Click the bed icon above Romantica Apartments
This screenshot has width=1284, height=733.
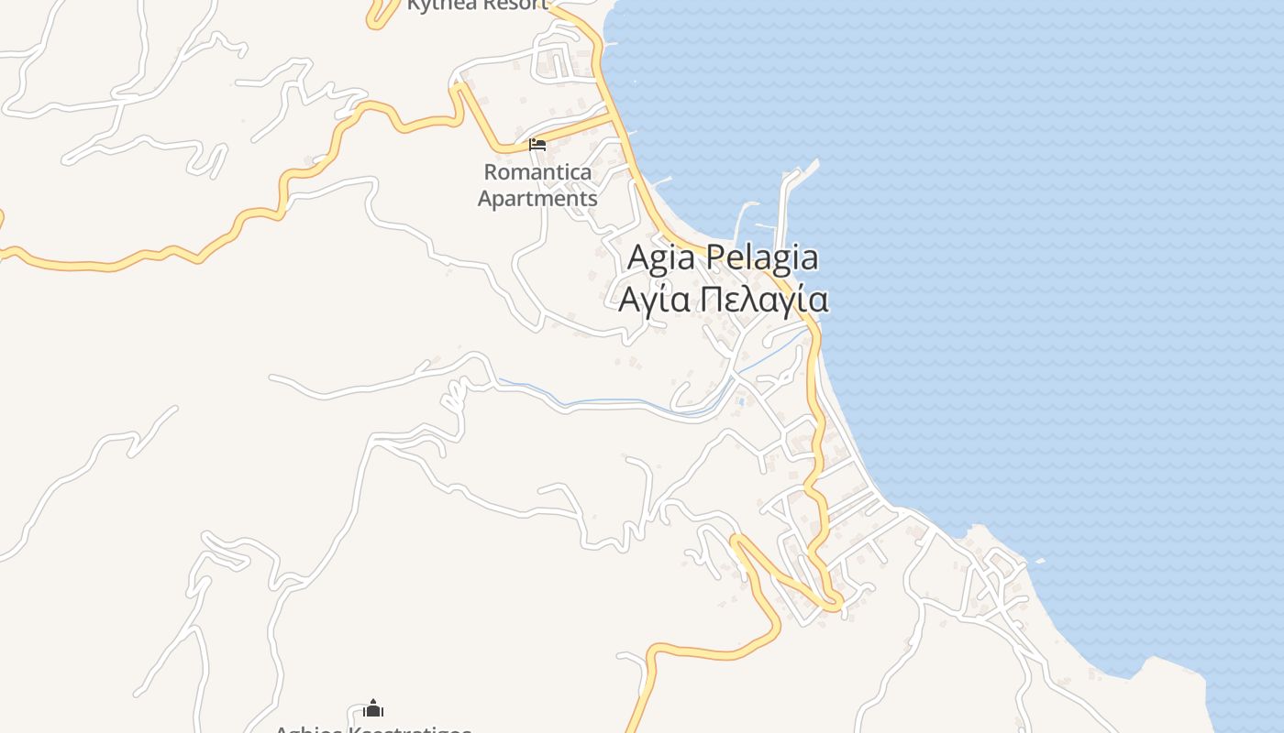click(537, 145)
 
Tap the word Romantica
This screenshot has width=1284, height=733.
click(537, 172)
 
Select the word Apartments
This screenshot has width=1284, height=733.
click(537, 198)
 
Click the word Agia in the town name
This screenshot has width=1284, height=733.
click(661, 258)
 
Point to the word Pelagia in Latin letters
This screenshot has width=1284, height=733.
click(762, 258)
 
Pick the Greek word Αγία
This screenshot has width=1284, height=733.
click(654, 300)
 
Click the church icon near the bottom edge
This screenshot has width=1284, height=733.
click(373, 708)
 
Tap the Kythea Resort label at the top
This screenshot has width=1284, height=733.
click(477, 5)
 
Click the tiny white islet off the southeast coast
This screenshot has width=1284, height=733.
click(1039, 561)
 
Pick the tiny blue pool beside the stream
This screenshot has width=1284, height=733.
click(739, 400)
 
